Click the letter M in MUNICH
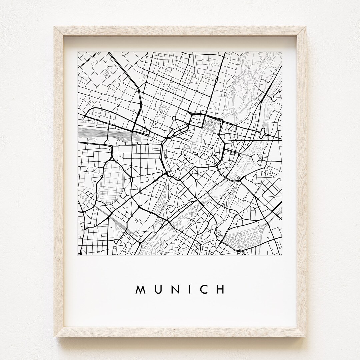(x=140, y=289)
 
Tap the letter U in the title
(x=157, y=289)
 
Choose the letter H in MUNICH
(x=220, y=289)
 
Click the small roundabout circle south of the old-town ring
(x=197, y=181)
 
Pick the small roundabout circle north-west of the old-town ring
(x=174, y=118)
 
